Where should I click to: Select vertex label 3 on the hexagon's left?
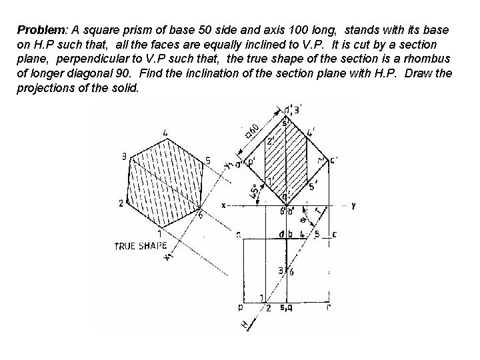click(124, 157)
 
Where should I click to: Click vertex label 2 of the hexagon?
click(121, 203)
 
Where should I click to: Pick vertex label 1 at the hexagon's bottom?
click(160, 233)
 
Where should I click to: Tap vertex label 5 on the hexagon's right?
click(208, 161)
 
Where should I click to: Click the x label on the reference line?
click(224, 205)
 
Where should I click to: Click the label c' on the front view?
click(333, 159)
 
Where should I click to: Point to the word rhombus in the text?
click(428, 59)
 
